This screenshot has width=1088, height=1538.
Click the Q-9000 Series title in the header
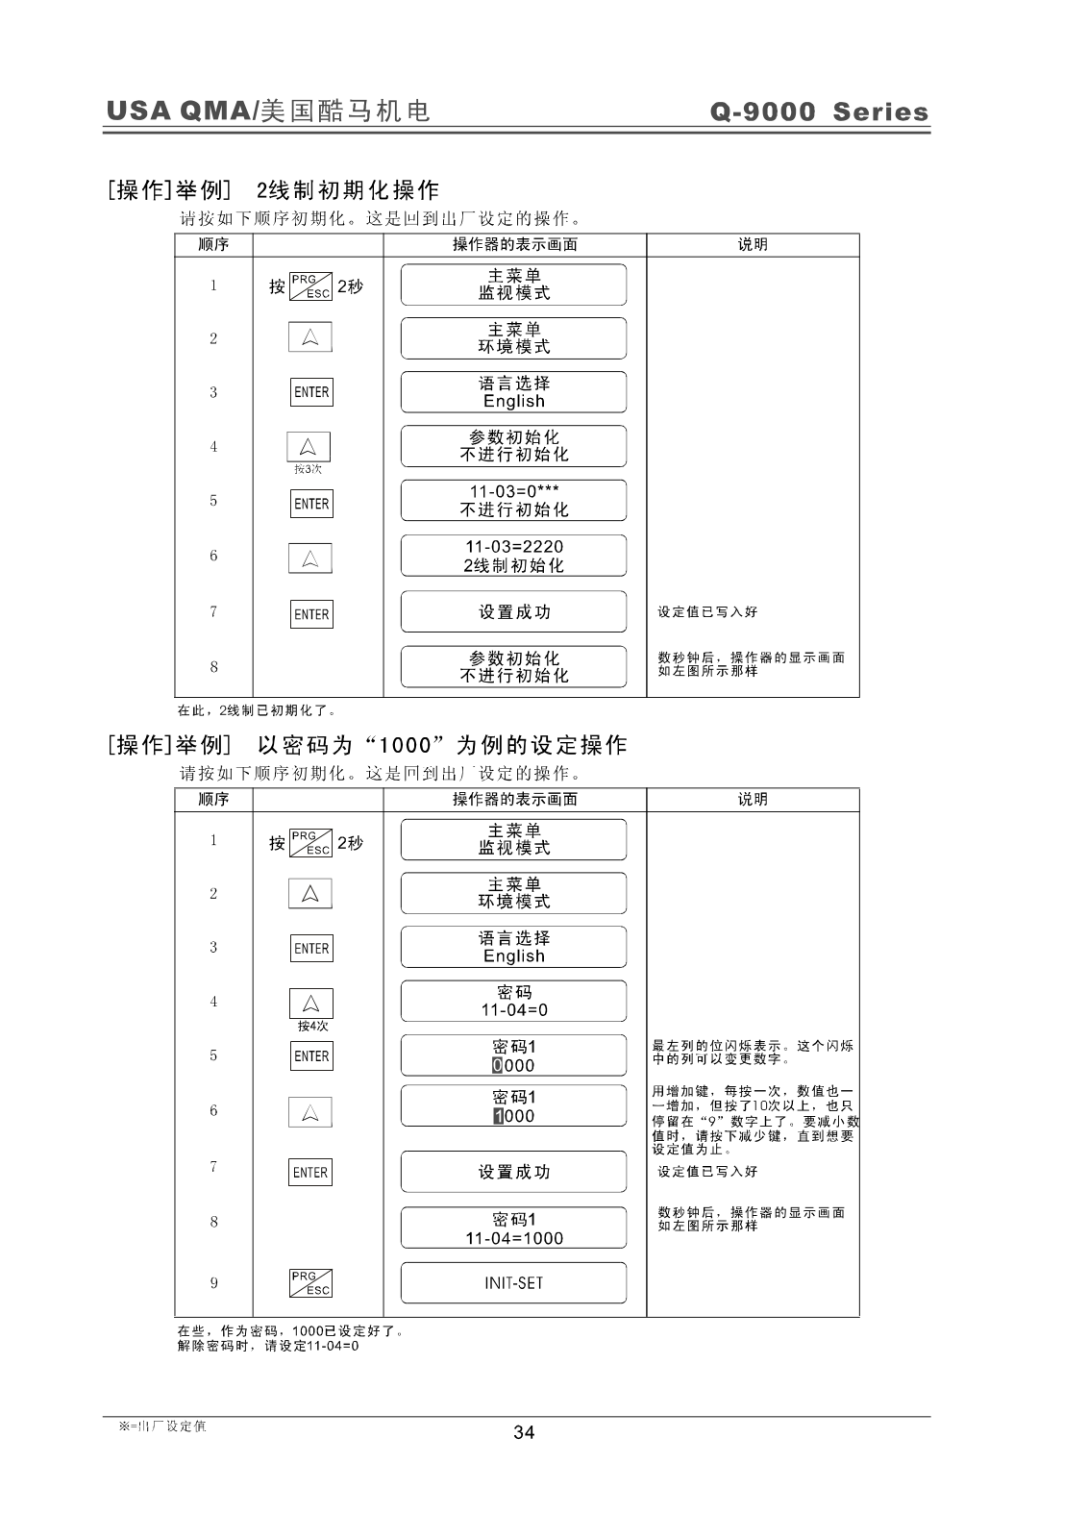click(819, 112)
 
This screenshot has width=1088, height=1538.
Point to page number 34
click(524, 1432)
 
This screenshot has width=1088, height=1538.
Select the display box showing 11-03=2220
click(513, 556)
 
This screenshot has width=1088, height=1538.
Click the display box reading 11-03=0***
click(513, 501)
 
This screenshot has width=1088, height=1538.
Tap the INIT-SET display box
click(513, 1283)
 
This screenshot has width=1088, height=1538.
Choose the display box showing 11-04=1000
click(513, 1228)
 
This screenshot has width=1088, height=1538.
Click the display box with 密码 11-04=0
click(513, 1001)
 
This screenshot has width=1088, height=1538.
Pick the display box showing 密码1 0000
click(513, 1055)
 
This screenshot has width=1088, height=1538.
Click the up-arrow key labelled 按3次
click(309, 447)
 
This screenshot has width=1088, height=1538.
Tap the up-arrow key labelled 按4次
click(310, 1004)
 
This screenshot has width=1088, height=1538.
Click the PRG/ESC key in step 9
click(310, 1283)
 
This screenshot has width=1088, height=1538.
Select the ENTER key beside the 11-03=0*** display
click(311, 504)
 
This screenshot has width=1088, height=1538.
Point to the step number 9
click(213, 1283)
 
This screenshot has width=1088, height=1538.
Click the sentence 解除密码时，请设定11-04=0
click(268, 1346)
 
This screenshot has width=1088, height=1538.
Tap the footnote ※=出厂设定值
click(161, 1426)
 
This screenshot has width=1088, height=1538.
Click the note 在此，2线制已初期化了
click(257, 711)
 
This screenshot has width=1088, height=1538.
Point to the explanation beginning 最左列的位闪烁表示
click(753, 1052)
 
